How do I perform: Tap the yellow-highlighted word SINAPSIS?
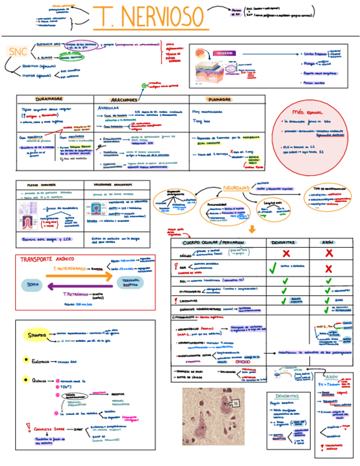(x=38, y=335)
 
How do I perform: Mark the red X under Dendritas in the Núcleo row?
(x=286, y=253)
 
